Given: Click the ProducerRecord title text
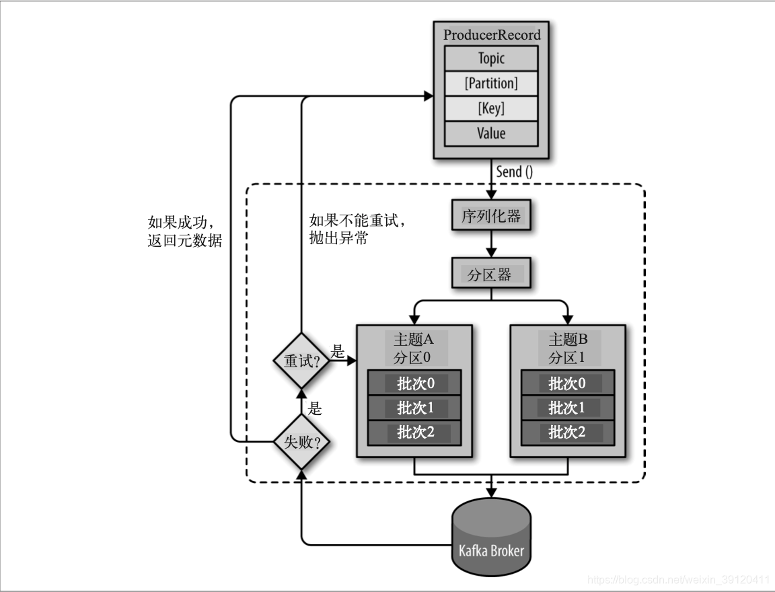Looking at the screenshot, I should coord(491,34).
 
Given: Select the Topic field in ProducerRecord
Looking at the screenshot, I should coord(491,59).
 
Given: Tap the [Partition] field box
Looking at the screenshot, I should coord(491,83).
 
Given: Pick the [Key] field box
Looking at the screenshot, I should coord(491,108).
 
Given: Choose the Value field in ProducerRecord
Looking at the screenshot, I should coord(491,133).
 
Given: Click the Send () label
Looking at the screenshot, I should coord(515,172).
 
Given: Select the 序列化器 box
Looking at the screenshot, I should coord(491,217).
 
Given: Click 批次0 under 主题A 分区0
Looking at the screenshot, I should coord(414,383).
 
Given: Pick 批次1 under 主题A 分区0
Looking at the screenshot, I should coord(414,408).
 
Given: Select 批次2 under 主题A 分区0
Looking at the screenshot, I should coord(414,432).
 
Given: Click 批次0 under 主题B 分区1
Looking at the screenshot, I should coord(566,383).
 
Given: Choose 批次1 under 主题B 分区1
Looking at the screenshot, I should coord(566,408).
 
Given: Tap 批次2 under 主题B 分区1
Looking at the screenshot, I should coord(566,432).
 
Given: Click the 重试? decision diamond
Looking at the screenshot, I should coord(300,361).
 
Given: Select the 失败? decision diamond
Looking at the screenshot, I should coord(300,442).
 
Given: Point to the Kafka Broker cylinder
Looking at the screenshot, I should coord(491,538).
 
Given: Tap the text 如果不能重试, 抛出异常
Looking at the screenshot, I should coord(358,229).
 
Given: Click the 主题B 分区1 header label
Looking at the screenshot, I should coord(568,348).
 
